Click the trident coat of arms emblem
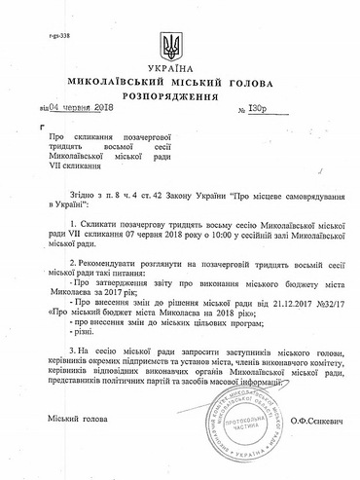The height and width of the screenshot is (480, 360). [x=180, y=45]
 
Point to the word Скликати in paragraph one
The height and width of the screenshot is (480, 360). [x=102, y=223]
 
